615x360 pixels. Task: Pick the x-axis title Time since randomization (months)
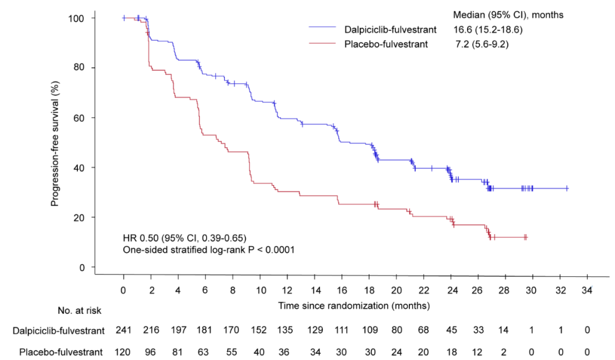(354, 306)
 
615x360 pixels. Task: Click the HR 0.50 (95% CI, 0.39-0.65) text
(184, 238)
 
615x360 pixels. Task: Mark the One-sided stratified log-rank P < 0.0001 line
(208, 249)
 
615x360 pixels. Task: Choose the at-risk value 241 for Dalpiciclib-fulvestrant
(124, 330)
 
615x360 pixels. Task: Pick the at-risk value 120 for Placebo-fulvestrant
(124, 351)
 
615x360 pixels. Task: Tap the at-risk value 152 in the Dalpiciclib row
(260, 330)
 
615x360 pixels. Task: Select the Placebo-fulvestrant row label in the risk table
(61, 351)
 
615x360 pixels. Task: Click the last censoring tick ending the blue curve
(567, 188)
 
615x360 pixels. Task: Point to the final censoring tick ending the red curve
(526, 237)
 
